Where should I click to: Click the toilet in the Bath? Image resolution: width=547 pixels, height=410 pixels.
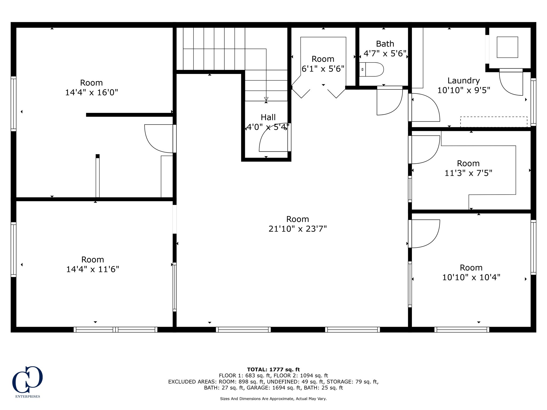tap(372, 69)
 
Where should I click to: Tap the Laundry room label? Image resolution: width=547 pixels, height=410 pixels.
tap(463, 80)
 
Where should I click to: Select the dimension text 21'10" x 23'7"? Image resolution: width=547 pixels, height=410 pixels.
tap(298, 229)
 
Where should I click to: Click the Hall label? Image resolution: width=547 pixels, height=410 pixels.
tap(268, 117)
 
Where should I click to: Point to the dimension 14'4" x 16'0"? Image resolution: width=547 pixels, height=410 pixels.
tap(91, 93)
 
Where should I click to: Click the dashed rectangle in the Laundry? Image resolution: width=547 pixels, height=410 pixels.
tap(494, 122)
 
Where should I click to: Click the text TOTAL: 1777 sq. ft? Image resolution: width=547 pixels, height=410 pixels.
tap(273, 369)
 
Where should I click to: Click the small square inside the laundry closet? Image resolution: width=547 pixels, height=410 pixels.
tap(507, 47)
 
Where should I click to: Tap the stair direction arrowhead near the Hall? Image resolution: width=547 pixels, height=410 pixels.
tap(266, 99)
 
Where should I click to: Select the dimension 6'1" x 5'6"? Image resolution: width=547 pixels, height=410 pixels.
tap(323, 69)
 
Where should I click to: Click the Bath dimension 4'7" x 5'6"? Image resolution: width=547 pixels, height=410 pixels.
tap(385, 54)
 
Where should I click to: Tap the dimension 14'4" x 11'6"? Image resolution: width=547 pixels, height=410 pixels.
tap(92, 269)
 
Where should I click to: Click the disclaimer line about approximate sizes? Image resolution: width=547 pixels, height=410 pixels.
tap(273, 399)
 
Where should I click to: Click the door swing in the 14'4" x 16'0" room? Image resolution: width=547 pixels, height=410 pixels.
tap(158, 139)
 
